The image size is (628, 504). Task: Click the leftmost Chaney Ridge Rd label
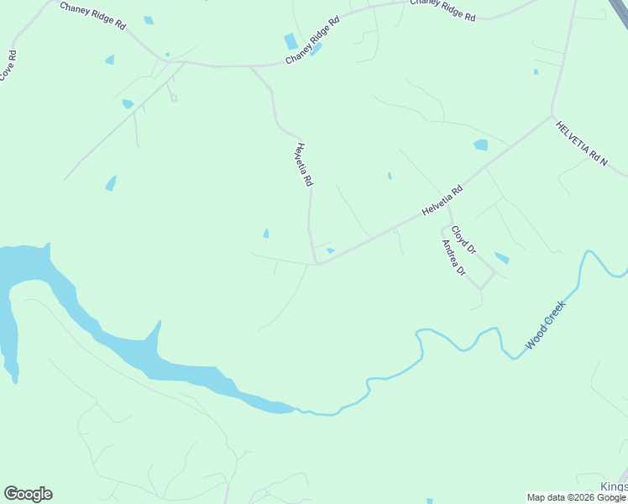click(x=92, y=15)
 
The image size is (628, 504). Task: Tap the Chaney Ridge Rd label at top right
click(x=442, y=11)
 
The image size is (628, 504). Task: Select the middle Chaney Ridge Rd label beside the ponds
click(x=312, y=40)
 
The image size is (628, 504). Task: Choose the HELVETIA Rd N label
click(x=581, y=142)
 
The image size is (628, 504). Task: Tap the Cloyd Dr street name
click(x=463, y=240)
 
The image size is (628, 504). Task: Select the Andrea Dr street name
click(x=453, y=258)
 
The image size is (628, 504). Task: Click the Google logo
click(x=28, y=494)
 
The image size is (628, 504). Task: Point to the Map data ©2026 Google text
click(x=576, y=497)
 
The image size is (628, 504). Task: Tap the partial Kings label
click(x=614, y=488)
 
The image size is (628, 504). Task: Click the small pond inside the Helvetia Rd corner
click(x=331, y=250)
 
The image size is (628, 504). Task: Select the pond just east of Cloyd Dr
click(x=501, y=258)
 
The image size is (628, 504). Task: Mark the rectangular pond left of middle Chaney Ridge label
click(x=291, y=41)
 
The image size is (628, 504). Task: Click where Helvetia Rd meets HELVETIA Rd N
click(x=552, y=115)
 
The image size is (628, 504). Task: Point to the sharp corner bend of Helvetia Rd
click(x=317, y=263)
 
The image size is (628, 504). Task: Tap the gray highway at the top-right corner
click(x=620, y=8)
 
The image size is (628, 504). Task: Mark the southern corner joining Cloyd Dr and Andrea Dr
click(x=481, y=289)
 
